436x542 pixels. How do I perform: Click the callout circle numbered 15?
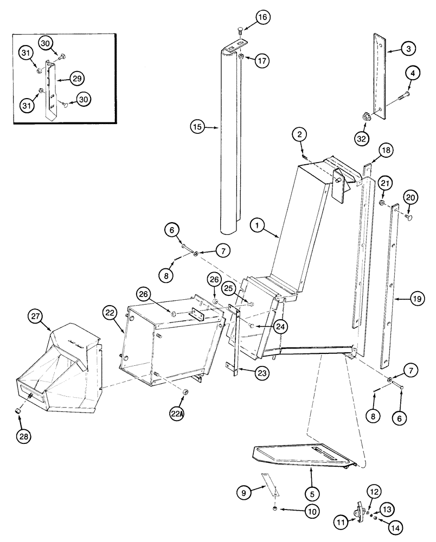(x=197, y=127)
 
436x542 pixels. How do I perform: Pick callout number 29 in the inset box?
(x=77, y=79)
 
